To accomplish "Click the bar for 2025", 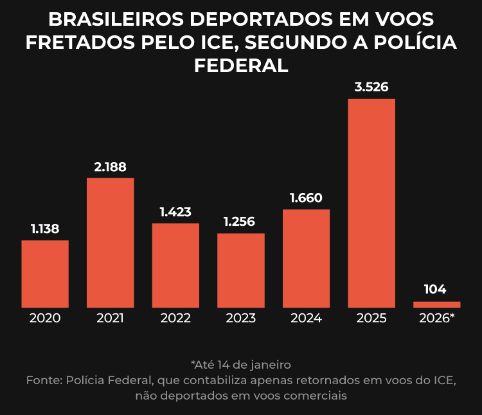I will coord(371,203).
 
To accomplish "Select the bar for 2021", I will coord(111,243).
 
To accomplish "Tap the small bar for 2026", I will coord(436,304).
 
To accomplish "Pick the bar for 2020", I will coord(45,273).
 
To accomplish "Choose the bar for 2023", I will coord(241,270).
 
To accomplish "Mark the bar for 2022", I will coord(175,265).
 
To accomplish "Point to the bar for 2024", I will coord(306,258).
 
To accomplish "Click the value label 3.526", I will coord(371,87).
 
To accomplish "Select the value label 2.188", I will coord(111,167).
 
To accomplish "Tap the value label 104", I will coord(435,290).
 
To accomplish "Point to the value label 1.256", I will coord(239,222).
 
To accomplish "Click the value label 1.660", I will coord(306,198).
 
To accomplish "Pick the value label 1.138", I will coord(45,228).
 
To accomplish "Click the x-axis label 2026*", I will coord(436,318).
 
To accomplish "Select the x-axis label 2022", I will coord(175,318).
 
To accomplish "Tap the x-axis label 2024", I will coord(306,318).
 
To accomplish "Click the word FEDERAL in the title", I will coord(241,65).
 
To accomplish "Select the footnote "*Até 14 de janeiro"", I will coord(241,365).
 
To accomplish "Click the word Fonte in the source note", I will coord(43,380).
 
